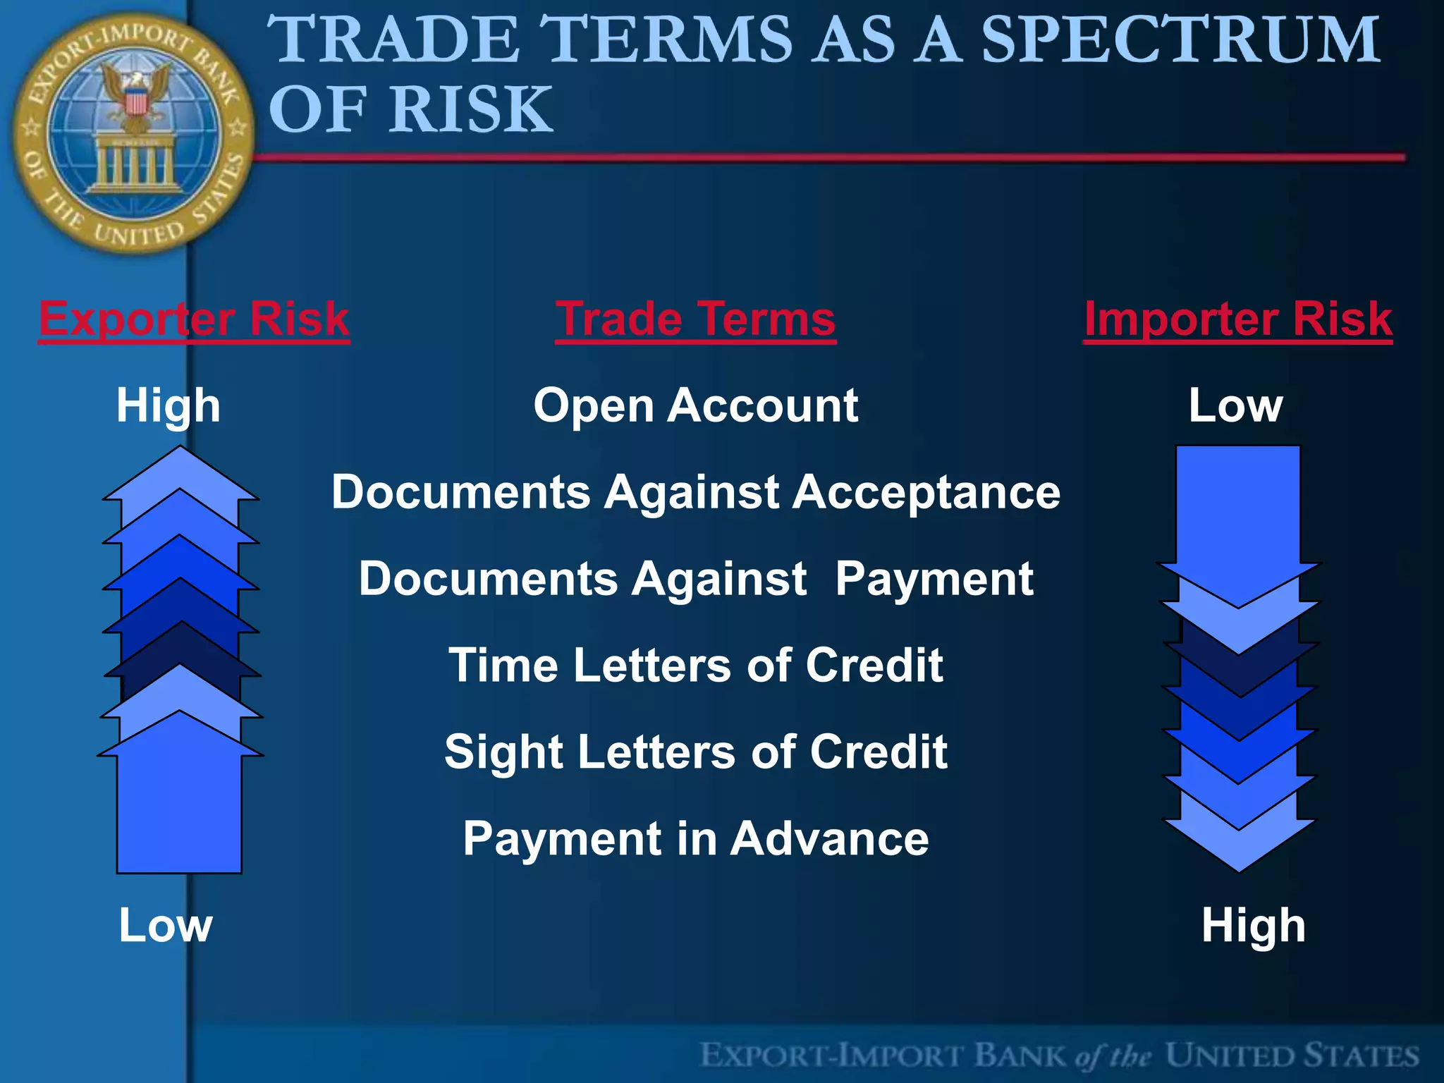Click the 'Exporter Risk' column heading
pos(194,319)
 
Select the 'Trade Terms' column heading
pos(695,319)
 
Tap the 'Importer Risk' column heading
pos(1237,319)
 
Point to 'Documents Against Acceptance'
pos(695,491)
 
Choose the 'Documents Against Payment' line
pos(695,579)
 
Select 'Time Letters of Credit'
pos(695,665)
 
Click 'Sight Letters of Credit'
pos(695,752)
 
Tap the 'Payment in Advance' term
pos(695,838)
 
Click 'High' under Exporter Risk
pos(168,405)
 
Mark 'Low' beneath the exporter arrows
pos(165,925)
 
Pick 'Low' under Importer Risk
pos(1235,405)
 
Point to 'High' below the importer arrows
pos(1253,925)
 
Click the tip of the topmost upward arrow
pos(180,448)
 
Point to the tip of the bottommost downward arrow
pos(1239,870)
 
